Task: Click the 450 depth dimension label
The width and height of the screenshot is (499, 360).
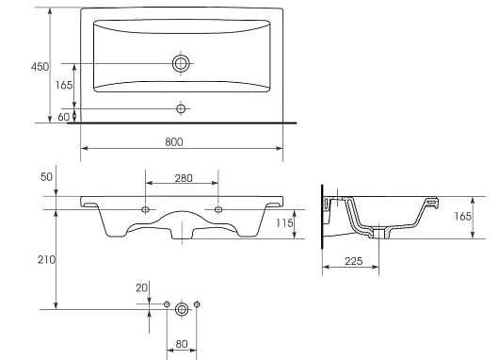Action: pyautogui.click(x=40, y=67)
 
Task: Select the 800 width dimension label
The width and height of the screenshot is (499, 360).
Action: pyautogui.click(x=174, y=142)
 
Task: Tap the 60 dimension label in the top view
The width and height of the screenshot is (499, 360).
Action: pyautogui.click(x=63, y=117)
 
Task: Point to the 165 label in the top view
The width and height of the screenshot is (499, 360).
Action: pyautogui.click(x=64, y=85)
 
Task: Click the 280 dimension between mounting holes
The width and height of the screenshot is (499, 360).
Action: pyautogui.click(x=184, y=178)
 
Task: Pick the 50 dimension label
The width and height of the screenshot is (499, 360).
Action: pyautogui.click(x=46, y=177)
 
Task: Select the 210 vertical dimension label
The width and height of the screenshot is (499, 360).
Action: pyautogui.click(x=46, y=260)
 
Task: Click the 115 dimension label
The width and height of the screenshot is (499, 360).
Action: pyautogui.click(x=284, y=223)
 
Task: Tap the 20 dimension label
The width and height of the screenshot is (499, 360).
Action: pyautogui.click(x=141, y=288)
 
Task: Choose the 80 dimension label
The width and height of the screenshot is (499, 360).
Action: pyautogui.click(x=182, y=344)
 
